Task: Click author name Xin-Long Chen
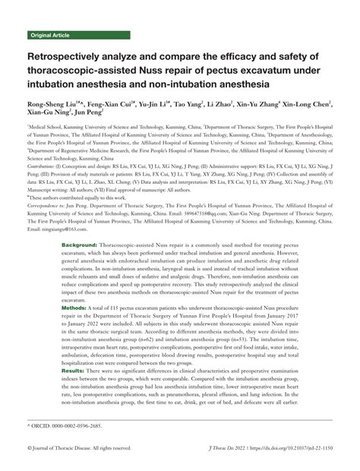(307, 103)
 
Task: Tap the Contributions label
(45, 163)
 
